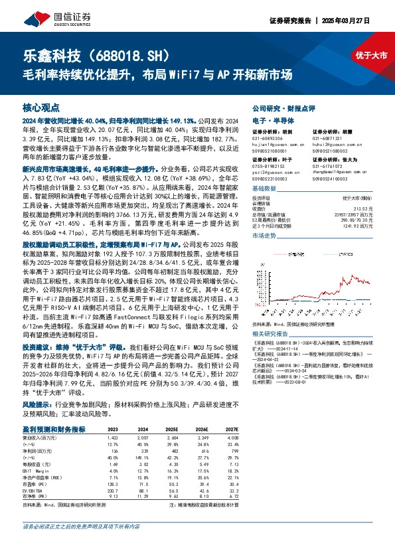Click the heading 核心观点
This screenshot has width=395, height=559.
click(41, 108)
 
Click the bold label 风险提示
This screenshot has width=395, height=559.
click(37, 403)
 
